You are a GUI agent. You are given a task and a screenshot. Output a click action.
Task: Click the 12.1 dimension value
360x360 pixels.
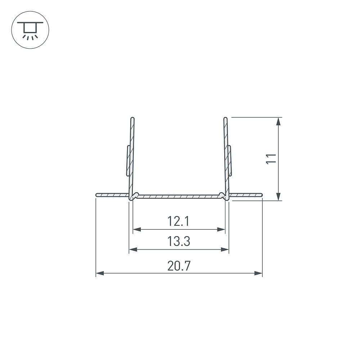pos(179,221)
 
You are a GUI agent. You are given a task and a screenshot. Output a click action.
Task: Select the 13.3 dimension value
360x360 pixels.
pos(179,241)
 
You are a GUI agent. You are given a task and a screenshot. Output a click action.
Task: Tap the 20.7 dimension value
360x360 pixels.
pos(179,266)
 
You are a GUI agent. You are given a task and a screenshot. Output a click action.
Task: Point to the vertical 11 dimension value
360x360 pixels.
pos(271,159)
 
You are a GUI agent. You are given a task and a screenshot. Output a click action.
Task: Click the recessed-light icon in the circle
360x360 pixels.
pos(30,30)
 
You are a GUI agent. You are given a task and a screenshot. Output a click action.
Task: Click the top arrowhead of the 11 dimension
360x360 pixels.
pos(278,121)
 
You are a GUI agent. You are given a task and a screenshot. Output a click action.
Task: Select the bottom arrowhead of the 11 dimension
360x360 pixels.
pos(278,197)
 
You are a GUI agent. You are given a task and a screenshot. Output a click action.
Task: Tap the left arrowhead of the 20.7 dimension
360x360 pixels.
pos(100,273)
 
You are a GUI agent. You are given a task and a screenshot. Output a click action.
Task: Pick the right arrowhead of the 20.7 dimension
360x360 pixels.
pos(258,273)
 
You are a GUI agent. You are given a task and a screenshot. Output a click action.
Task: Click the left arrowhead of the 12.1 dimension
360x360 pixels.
pos(137,229)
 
